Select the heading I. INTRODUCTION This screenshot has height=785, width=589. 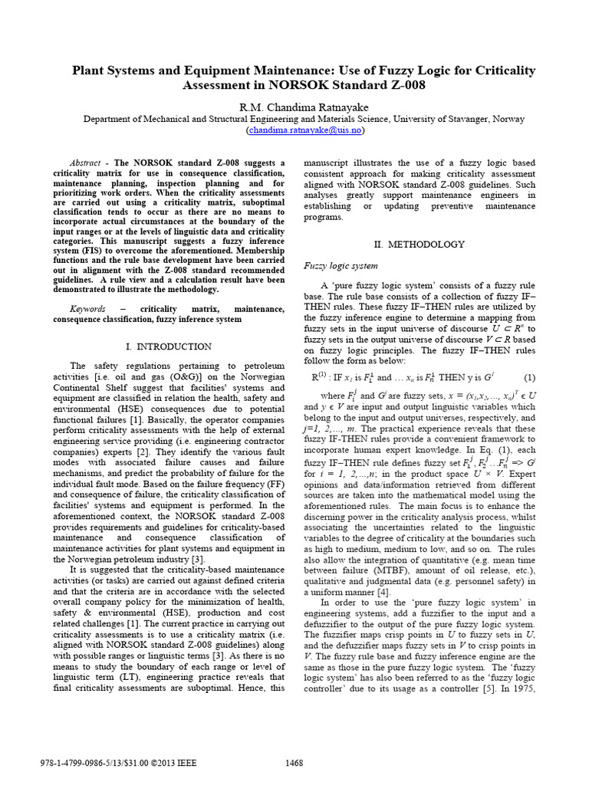tap(168, 347)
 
